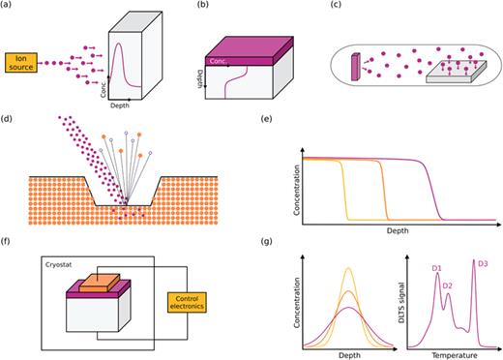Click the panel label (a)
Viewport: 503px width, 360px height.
pyautogui.click(x=9, y=7)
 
